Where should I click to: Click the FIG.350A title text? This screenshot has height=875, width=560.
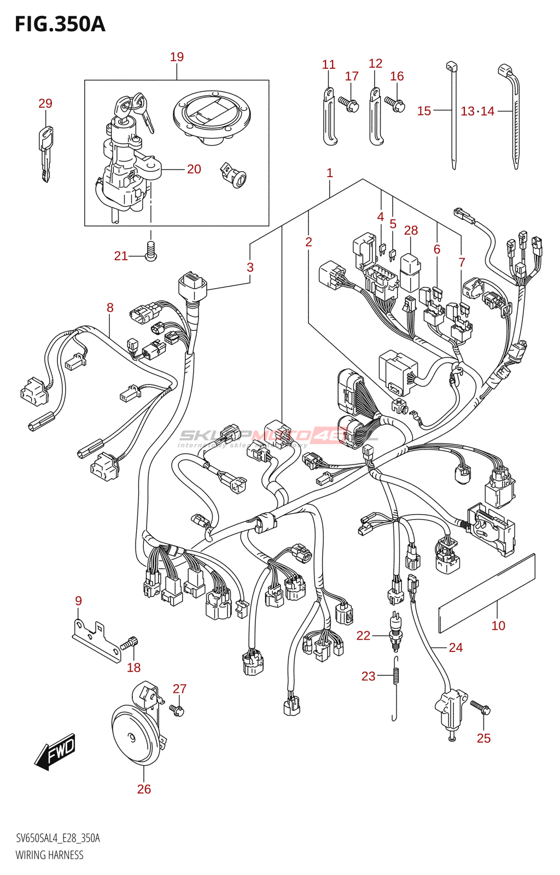(x=60, y=25)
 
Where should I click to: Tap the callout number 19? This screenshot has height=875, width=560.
(x=177, y=57)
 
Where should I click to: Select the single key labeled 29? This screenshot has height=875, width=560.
(x=45, y=153)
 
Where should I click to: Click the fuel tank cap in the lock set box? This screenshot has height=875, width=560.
(x=212, y=118)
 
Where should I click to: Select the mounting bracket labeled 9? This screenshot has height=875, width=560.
(x=96, y=640)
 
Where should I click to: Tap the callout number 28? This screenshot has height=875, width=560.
(x=411, y=231)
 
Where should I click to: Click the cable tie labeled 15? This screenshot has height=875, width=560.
(x=453, y=115)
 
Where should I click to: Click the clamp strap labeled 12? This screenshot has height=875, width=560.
(x=376, y=118)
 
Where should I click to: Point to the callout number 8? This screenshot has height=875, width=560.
(x=110, y=308)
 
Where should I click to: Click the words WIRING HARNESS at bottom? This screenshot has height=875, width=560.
(x=49, y=855)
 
